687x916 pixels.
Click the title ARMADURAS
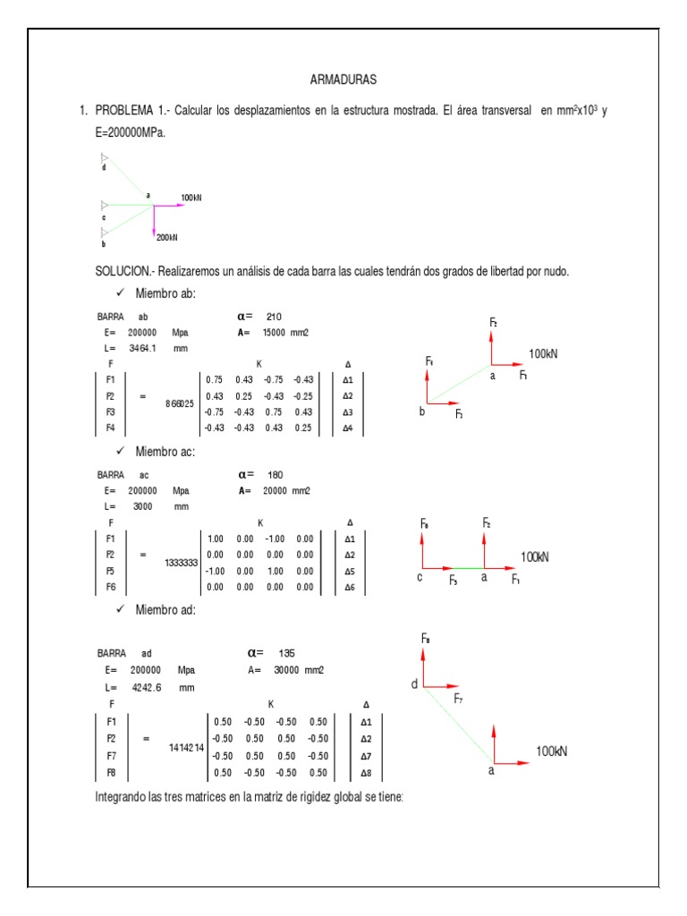coord(343,80)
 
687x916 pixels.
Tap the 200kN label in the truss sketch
coord(167,237)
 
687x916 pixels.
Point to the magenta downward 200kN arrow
coord(155,220)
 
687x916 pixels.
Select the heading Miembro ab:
coord(165,294)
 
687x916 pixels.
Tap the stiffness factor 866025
coord(180,404)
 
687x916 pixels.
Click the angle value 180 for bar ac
coord(276,475)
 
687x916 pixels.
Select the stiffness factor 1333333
coord(181,564)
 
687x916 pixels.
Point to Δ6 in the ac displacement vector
coord(350,587)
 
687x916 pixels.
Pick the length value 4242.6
coord(149,688)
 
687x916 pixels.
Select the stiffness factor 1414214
coord(186,746)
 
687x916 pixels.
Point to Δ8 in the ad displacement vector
coord(366,772)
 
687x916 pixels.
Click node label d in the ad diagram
coord(414,685)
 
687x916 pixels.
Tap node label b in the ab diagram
coord(421,412)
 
